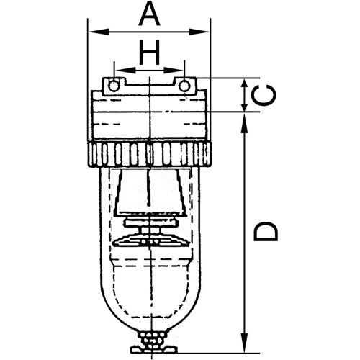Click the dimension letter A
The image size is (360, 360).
(149, 14)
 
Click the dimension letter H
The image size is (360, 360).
(149, 53)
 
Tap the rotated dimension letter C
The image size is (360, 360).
(264, 95)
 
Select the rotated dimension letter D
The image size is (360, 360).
(266, 231)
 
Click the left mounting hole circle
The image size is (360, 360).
(113, 86)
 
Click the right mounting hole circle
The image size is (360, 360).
(184, 86)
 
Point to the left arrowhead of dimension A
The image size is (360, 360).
(99, 32)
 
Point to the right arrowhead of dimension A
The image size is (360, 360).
(199, 32)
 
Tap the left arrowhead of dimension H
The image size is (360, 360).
(125, 71)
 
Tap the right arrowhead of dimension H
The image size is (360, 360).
(174, 71)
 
